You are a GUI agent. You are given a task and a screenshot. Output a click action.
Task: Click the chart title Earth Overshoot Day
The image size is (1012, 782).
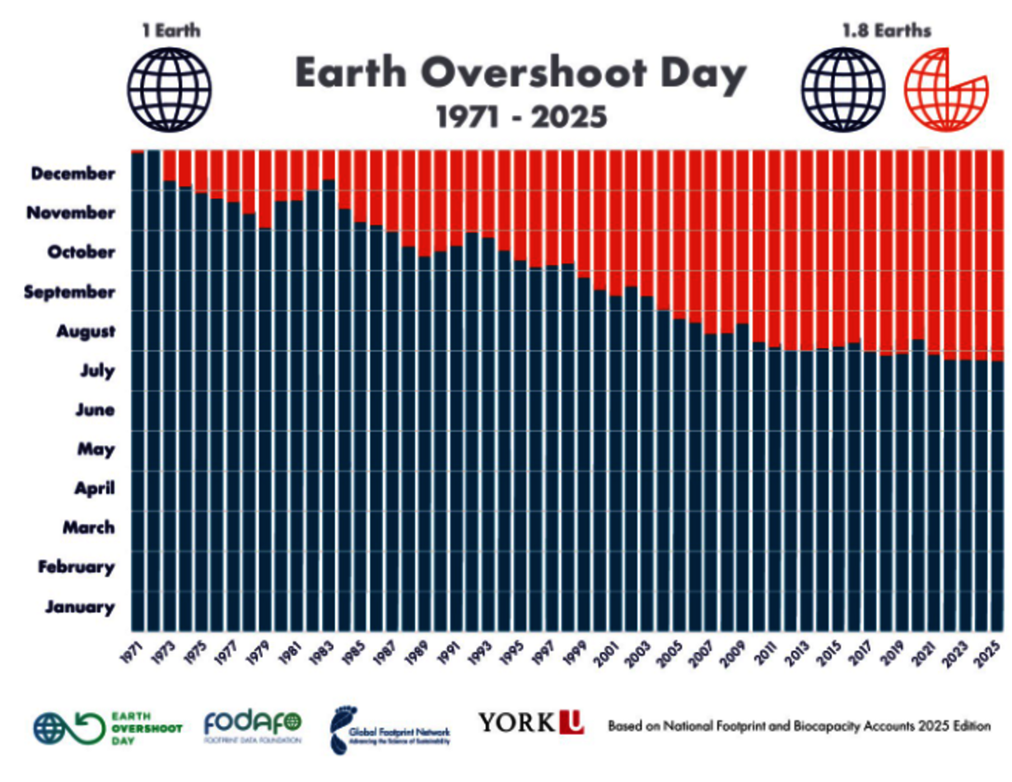[x=520, y=74]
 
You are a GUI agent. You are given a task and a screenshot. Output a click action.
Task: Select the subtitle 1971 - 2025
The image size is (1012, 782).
[x=520, y=118]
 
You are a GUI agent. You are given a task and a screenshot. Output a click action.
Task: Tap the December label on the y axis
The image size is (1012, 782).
[x=73, y=174]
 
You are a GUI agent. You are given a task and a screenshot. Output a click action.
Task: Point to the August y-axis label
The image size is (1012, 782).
[x=85, y=332]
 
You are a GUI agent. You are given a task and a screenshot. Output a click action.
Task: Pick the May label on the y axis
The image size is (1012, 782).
[x=96, y=449]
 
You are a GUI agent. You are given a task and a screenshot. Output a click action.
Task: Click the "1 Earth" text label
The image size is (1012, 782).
[x=170, y=32]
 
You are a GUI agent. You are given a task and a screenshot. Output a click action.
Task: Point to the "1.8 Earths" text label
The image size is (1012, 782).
[x=886, y=32]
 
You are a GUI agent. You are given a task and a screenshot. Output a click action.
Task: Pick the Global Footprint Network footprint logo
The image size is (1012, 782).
[x=389, y=729]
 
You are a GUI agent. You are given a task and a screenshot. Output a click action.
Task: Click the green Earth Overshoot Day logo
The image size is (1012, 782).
[x=107, y=727]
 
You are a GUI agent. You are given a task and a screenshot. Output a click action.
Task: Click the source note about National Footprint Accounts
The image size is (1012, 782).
[x=799, y=727]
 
